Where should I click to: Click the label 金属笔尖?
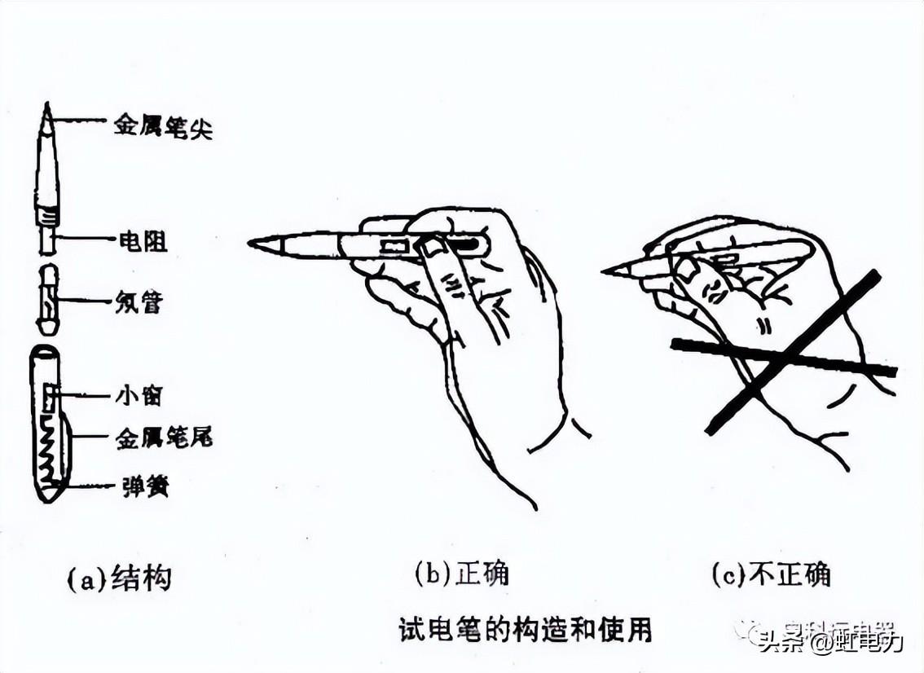[x=163, y=129]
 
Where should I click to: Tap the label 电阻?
[x=141, y=241]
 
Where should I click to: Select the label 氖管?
[x=140, y=303]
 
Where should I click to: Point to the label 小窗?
[x=140, y=396]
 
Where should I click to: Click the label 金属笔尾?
[x=163, y=438]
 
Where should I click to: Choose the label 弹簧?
[x=142, y=487]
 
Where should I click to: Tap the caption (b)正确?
[x=461, y=574]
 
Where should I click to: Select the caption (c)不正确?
[x=770, y=575]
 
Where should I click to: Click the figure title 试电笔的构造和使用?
[x=526, y=629]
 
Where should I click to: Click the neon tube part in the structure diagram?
[x=48, y=299]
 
